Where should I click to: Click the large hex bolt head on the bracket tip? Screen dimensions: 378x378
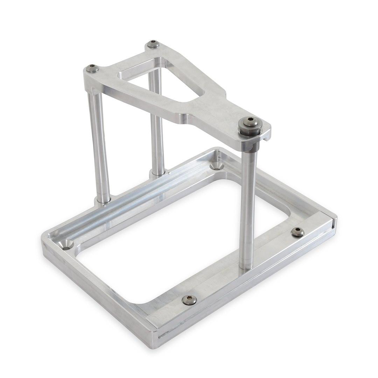click(x=249, y=123)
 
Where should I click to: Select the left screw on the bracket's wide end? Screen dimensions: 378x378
click(x=92, y=68)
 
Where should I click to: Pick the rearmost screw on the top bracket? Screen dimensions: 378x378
click(x=153, y=44)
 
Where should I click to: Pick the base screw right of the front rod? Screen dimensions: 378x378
click(x=297, y=232)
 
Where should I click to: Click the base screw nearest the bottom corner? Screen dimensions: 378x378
click(x=189, y=300)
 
